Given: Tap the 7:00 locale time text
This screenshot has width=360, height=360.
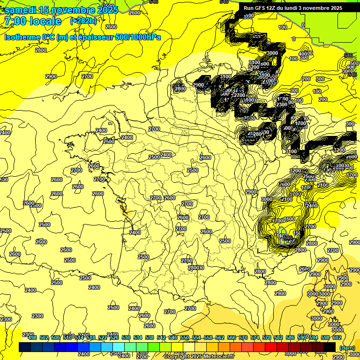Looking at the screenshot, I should coord(33,22).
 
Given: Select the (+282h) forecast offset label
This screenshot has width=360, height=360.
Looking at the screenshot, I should coord(83,21).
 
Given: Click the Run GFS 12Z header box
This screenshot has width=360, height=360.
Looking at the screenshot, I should coord(293,8).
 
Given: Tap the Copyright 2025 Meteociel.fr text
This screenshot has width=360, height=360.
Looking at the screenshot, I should coord(199,356).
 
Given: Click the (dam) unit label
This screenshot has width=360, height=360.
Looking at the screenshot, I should coord(347,348).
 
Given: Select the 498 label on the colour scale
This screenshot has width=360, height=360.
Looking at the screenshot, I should coord(32,337).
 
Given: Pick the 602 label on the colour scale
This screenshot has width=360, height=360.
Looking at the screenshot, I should coord(337,337).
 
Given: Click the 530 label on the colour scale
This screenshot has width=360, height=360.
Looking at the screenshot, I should coord(126,337).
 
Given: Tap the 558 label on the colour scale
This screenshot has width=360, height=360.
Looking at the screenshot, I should coord(208,337).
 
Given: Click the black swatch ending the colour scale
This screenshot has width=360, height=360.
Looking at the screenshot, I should coord(330,347).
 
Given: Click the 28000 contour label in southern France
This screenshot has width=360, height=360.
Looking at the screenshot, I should coord(195,268).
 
